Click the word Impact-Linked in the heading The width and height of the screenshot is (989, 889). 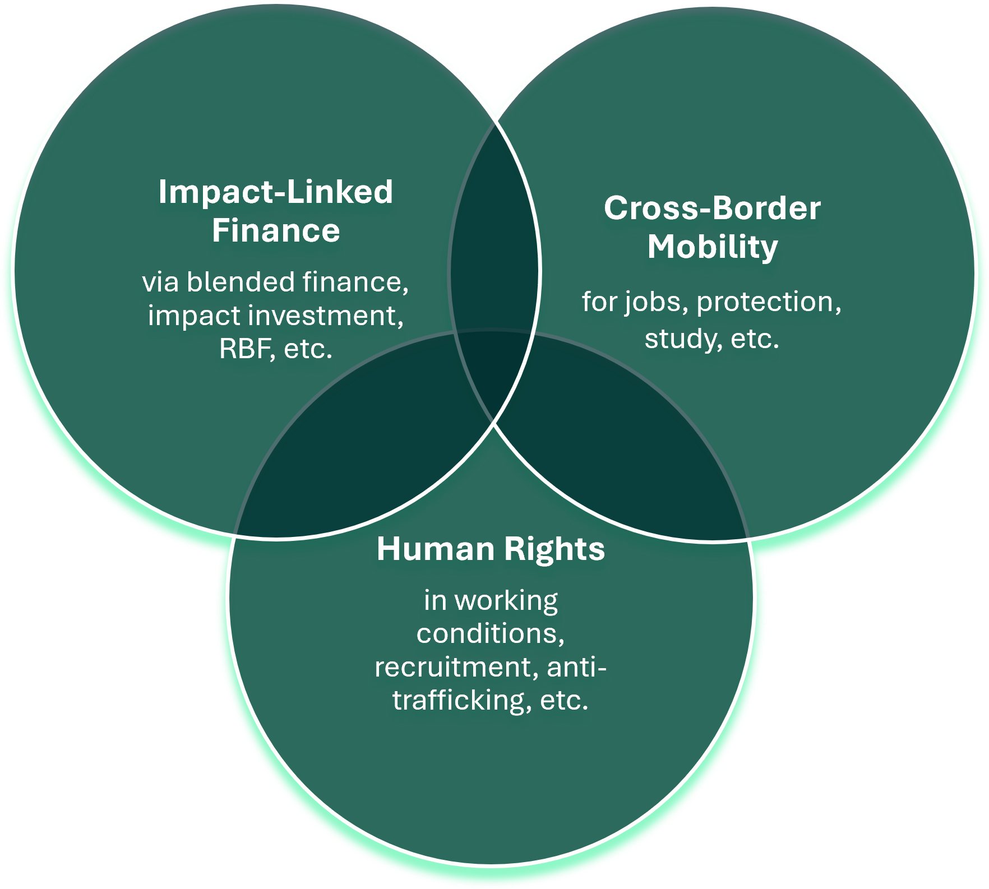pyautogui.click(x=275, y=192)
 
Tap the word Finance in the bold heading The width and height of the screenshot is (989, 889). pyautogui.click(x=275, y=231)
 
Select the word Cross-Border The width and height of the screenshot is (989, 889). pyautogui.click(x=712, y=208)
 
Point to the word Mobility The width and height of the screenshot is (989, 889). pyautogui.click(x=713, y=247)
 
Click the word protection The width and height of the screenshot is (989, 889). pyautogui.click(x=768, y=303)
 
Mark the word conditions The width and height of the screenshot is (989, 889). pyautogui.click(x=490, y=634)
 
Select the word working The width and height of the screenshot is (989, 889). pyautogui.click(x=506, y=601)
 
